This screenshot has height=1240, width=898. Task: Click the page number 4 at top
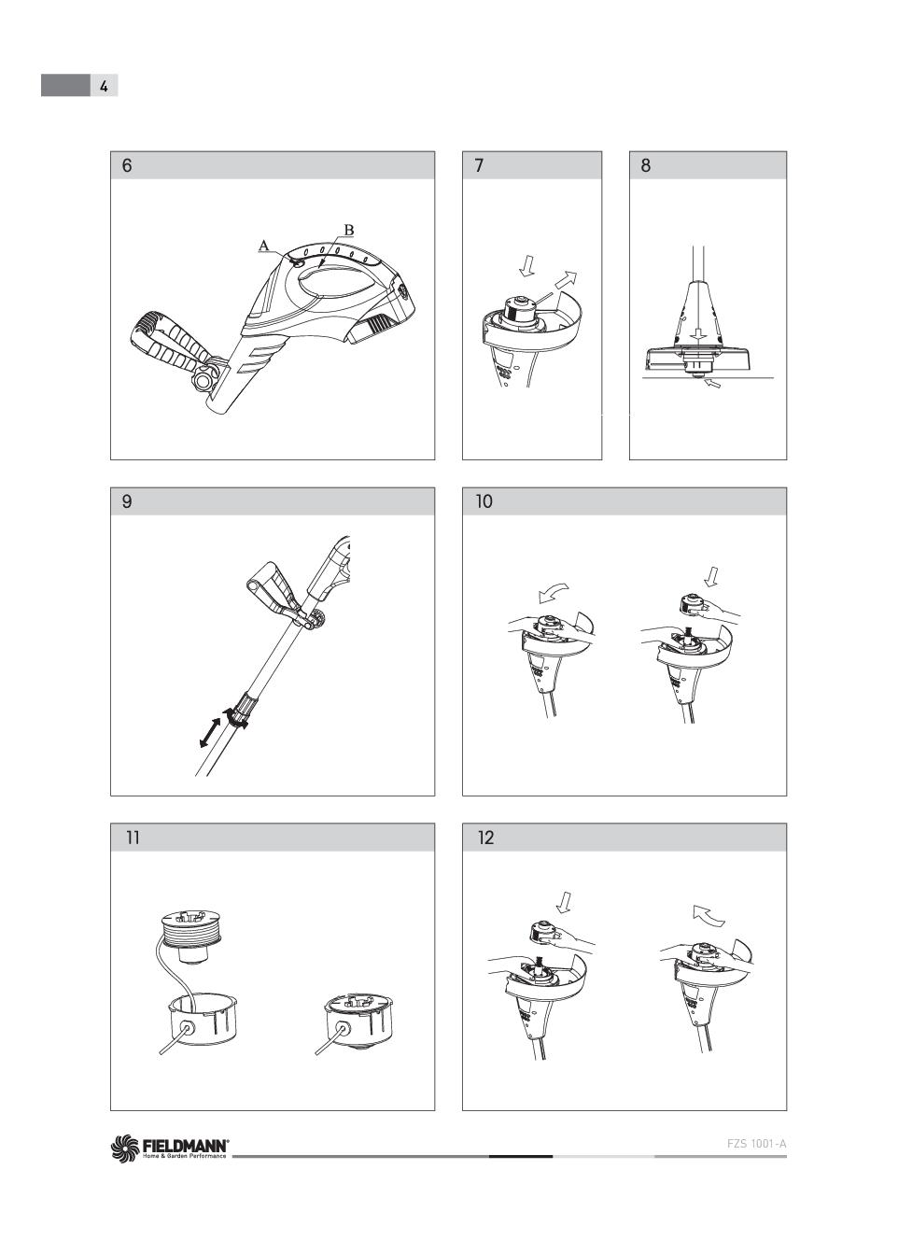click(104, 86)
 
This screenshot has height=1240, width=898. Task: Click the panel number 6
click(127, 165)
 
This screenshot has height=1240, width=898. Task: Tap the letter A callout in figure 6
click(264, 246)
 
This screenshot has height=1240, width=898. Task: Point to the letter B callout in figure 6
click(348, 230)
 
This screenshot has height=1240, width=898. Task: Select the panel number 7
click(479, 165)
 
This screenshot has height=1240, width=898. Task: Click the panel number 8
click(646, 165)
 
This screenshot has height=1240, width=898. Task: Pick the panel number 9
click(127, 501)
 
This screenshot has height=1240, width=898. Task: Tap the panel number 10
click(484, 501)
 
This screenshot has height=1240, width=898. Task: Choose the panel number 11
click(133, 838)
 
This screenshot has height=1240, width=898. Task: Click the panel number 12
click(485, 838)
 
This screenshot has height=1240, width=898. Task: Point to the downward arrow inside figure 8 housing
click(699, 333)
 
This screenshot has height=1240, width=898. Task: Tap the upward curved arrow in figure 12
click(709, 915)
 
